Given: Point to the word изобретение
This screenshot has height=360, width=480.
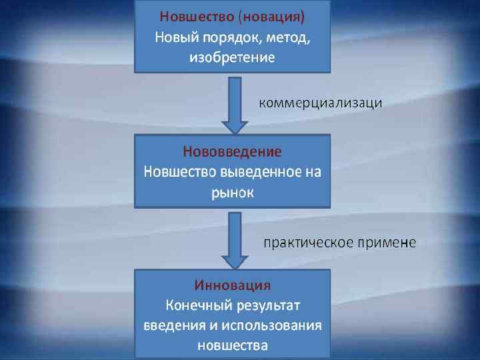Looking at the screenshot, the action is [232, 57].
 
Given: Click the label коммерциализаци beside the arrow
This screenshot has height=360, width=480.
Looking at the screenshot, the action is [320, 102].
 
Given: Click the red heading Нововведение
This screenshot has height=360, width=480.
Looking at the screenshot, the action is [232, 151].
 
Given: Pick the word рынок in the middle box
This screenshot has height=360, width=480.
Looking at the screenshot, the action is [233, 193].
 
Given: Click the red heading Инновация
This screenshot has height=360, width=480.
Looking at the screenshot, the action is [232, 285].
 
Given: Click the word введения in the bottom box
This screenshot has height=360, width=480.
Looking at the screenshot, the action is [173, 326].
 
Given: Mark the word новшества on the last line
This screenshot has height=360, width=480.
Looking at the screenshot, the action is [233, 346].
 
